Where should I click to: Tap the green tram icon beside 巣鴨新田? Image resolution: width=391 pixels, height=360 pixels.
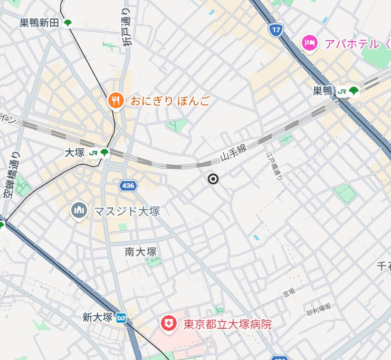point(68,23)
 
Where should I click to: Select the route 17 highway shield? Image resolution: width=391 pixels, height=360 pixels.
point(274,30)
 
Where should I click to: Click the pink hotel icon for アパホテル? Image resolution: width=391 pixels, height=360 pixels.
point(309,43)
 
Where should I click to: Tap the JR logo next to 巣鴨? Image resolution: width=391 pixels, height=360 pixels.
point(342,91)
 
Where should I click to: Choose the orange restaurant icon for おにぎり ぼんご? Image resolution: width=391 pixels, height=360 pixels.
point(116,100)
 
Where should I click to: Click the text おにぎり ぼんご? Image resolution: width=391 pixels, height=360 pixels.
point(163,100)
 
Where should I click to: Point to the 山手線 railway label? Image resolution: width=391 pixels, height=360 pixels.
point(234,153)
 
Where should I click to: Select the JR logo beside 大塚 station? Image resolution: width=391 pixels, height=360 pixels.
point(93,153)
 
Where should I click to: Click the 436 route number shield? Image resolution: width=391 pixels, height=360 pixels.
point(128,186)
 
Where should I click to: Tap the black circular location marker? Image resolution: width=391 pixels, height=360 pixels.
point(213,179)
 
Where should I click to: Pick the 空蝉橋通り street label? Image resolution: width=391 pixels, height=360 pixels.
point(9,175)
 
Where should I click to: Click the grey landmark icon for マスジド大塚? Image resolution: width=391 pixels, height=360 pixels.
point(79,211)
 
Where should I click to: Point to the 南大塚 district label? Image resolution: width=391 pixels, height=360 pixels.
point(141,252)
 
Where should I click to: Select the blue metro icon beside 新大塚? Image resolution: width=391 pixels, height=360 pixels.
point(121,317)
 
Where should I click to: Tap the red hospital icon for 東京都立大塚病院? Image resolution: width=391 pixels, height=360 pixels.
point(169,324)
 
